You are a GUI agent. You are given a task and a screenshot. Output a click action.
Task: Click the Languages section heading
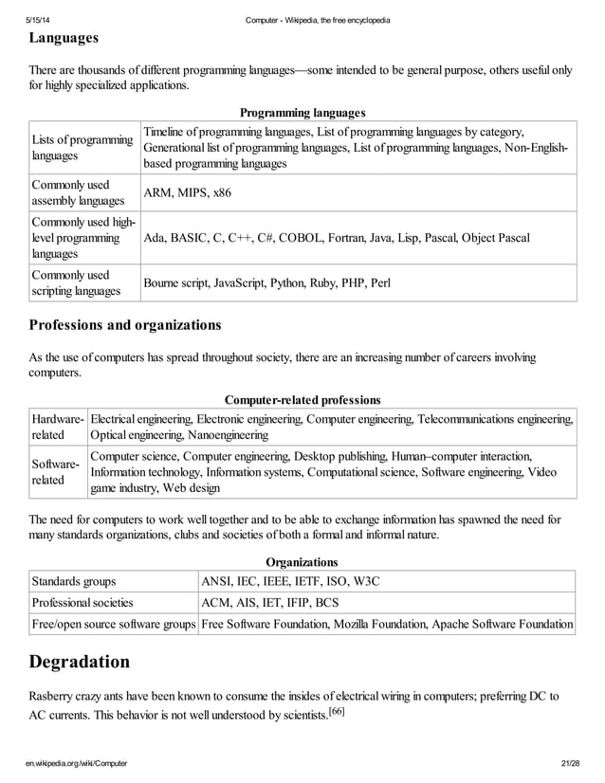point(63,39)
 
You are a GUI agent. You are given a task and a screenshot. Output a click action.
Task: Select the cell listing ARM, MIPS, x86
point(187,193)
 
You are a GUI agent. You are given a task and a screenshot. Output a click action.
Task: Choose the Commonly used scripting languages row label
point(76,282)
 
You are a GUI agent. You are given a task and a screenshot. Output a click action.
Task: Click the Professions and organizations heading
point(124,325)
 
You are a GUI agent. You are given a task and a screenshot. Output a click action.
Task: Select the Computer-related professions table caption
point(302,400)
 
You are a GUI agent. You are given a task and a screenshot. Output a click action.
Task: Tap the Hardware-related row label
point(58,427)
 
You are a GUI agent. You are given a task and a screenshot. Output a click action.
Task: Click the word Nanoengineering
point(228,435)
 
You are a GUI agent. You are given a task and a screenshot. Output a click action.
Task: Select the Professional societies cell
point(82,602)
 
